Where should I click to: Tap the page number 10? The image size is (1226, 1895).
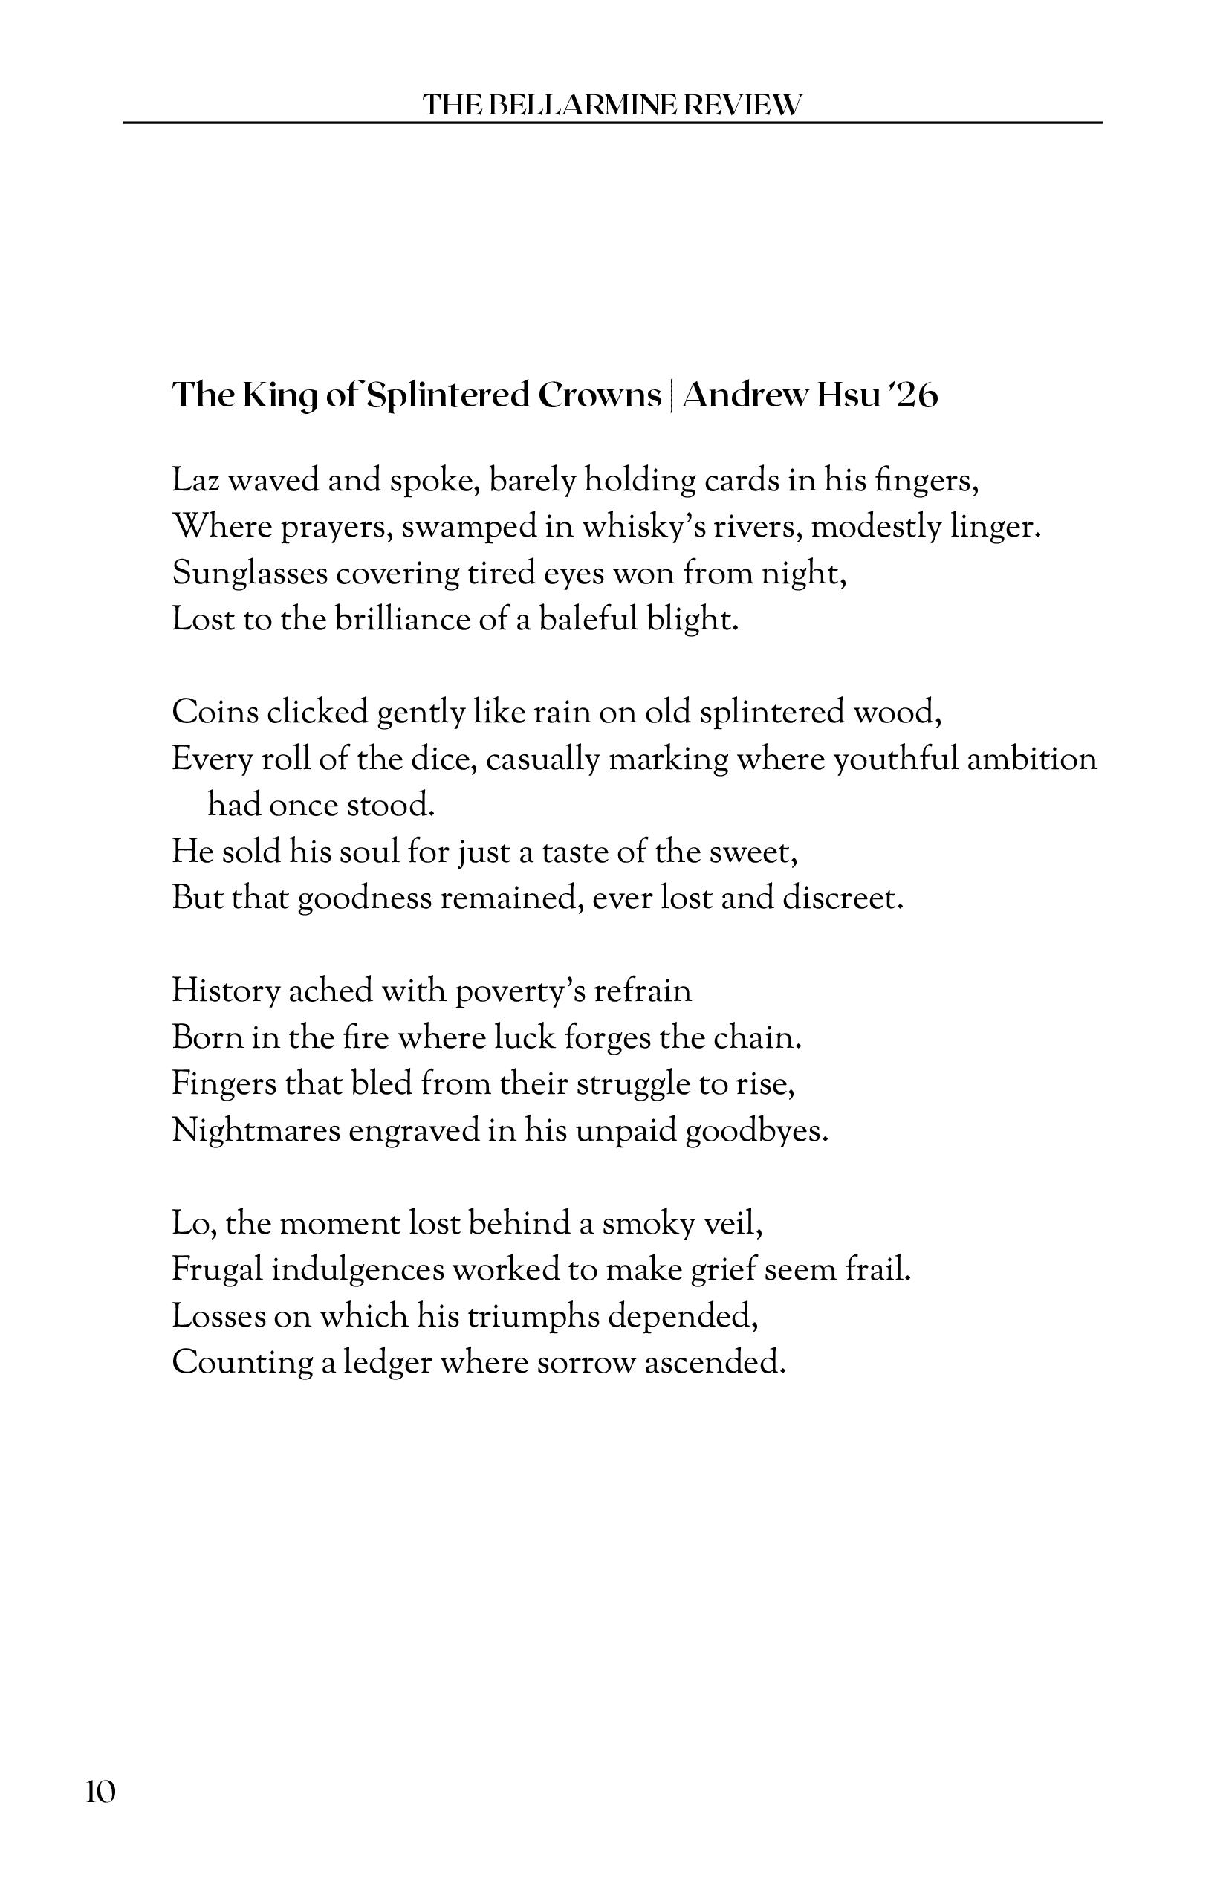tap(101, 1792)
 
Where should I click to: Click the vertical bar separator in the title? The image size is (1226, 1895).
tap(671, 395)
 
